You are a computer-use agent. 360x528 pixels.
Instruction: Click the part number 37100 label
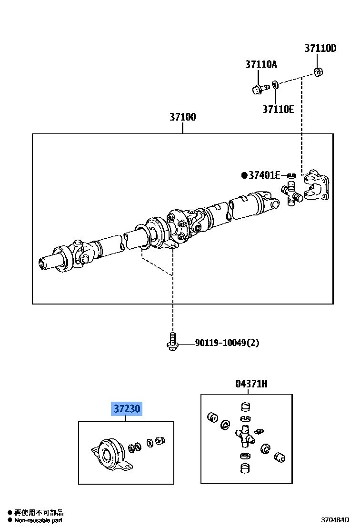point(183,117)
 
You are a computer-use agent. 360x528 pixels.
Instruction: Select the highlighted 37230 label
point(127,409)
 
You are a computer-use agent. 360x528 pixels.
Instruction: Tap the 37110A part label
point(261,64)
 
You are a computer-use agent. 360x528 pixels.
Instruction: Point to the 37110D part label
point(320,48)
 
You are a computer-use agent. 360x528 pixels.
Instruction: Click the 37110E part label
point(278,109)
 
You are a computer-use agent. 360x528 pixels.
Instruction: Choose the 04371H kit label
point(251,384)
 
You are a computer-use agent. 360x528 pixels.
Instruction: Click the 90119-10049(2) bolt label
point(227,343)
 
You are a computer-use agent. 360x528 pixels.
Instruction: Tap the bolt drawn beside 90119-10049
point(172,341)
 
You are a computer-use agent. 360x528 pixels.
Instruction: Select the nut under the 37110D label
point(319,72)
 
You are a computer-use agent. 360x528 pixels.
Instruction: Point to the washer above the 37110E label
point(276,86)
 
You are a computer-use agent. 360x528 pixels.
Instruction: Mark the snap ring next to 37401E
point(291,176)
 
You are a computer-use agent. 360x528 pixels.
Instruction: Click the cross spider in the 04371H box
point(244,435)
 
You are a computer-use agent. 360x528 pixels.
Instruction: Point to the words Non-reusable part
point(38,520)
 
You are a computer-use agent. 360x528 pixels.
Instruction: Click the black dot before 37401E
point(245,175)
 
